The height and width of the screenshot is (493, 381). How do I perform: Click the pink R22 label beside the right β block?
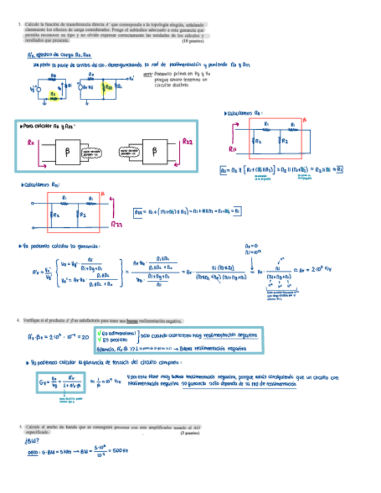[187, 141]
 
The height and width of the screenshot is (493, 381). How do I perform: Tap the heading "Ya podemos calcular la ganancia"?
[59, 246]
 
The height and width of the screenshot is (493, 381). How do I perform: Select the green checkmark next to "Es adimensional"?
[99, 333]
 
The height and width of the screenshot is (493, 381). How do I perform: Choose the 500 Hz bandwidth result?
[120, 451]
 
